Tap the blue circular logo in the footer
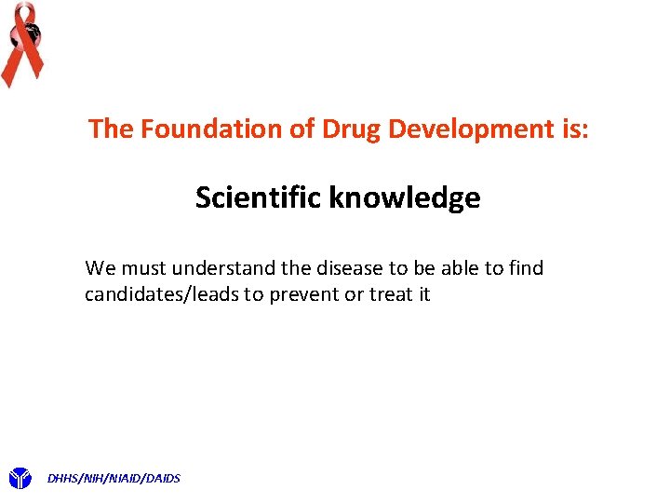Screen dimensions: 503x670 (x=20, y=479)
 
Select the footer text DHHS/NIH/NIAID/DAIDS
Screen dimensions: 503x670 (x=114, y=479)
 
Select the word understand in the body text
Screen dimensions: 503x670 (x=222, y=268)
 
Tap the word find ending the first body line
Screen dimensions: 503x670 (x=526, y=268)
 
